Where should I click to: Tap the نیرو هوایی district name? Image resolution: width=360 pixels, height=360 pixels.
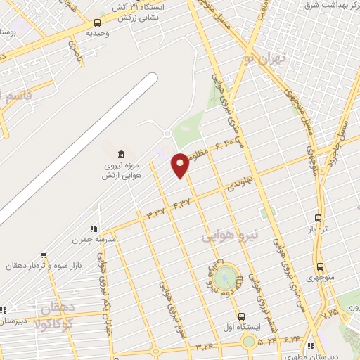(x=231, y=235)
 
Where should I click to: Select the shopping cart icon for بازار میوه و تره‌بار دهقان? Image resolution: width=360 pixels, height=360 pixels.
(x=44, y=255)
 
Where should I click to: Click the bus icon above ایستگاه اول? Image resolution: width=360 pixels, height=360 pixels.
(x=242, y=316)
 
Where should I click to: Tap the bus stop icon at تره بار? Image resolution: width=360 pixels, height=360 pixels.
(x=319, y=219)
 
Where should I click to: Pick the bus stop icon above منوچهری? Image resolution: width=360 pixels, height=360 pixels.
(x=321, y=267)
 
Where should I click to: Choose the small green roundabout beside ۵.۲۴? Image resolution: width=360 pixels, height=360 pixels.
(x=249, y=342)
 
